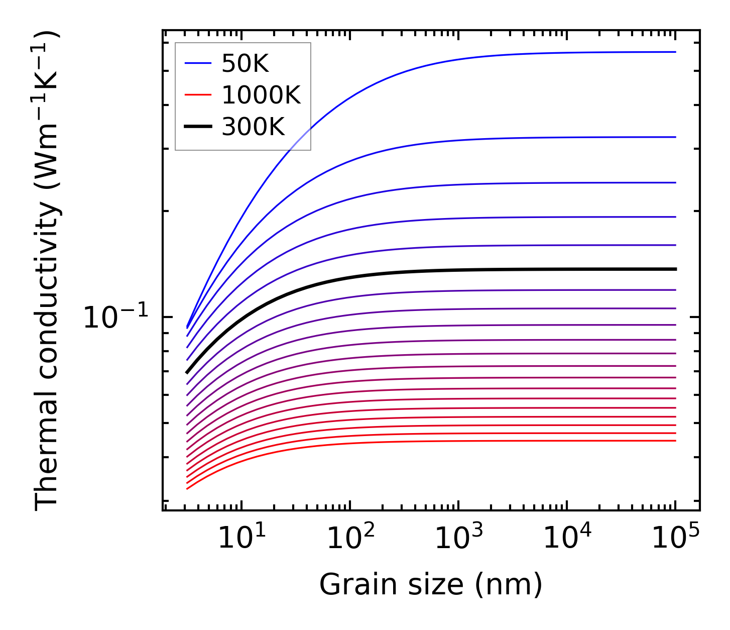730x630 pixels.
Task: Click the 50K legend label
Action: click(x=246, y=63)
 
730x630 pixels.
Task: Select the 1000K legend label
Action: click(x=261, y=95)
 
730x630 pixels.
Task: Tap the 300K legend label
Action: click(x=253, y=127)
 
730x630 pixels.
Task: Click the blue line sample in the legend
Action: click(x=198, y=63)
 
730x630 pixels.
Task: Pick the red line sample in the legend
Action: click(x=198, y=95)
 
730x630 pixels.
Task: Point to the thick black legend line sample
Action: click(x=198, y=127)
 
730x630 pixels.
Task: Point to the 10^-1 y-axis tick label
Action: click(x=116, y=318)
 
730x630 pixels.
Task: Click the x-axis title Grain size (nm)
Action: click(x=431, y=585)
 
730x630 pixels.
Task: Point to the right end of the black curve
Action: click(x=675, y=269)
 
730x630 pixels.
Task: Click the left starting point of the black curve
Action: click(x=187, y=372)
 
